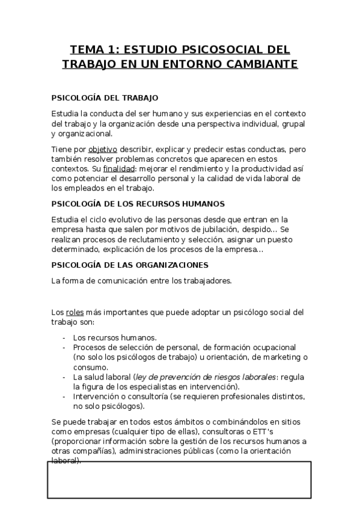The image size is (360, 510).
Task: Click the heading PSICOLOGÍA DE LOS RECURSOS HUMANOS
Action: click(x=138, y=203)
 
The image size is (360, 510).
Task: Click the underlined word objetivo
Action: click(x=103, y=149)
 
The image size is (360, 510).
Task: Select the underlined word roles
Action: click(x=75, y=312)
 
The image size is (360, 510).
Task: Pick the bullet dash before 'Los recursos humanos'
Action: click(x=64, y=337)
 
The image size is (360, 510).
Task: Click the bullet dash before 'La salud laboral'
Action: click(x=64, y=376)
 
